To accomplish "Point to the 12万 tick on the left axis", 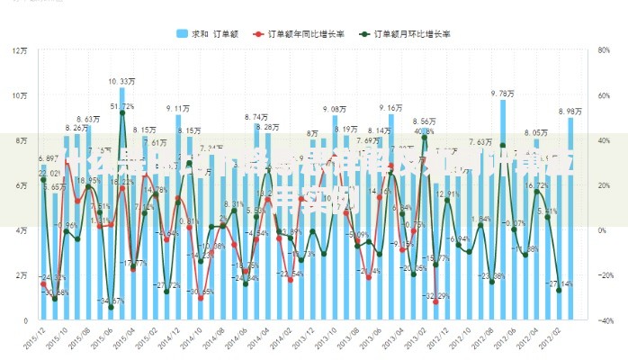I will pyautogui.click(x=20, y=50).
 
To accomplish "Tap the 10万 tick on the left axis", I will pyautogui.click(x=20, y=95).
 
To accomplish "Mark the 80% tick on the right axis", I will pyautogui.click(x=605, y=50).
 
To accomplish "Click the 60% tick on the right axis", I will pyautogui.click(x=605, y=95).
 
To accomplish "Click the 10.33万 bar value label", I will pyautogui.click(x=122, y=81).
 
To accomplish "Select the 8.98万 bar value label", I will pyautogui.click(x=570, y=112).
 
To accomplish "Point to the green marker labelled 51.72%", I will pyautogui.click(x=122, y=113).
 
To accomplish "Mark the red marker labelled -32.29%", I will pyautogui.click(x=435, y=302).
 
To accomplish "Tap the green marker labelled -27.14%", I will pyautogui.click(x=559, y=291).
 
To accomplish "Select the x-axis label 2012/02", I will pyautogui.click(x=563, y=337).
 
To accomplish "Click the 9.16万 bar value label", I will pyautogui.click(x=390, y=107).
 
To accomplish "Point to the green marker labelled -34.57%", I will pyautogui.click(x=111, y=307).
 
